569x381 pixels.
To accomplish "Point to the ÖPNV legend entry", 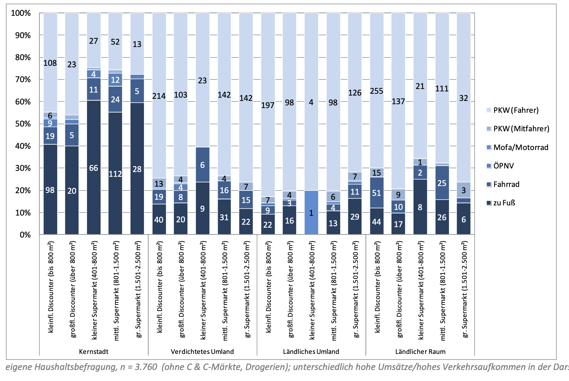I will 503,166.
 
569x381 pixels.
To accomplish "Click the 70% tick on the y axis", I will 23,79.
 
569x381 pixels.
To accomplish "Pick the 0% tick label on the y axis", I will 25,235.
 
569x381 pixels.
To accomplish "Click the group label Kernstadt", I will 94,352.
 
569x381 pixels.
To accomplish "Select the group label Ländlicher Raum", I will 420,352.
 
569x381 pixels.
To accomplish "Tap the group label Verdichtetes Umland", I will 202,352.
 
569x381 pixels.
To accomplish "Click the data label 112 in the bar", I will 115,174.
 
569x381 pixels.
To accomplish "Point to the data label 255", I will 377,91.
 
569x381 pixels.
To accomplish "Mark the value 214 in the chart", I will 159,96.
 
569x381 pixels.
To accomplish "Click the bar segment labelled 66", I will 94,168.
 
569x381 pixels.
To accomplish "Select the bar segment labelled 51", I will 377,193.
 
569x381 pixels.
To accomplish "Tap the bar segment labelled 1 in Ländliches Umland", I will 311,213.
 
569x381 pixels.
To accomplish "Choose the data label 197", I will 268,105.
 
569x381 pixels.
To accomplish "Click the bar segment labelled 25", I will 442,183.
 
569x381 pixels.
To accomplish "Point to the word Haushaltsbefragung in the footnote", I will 76,367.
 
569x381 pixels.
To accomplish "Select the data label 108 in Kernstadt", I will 50,63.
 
